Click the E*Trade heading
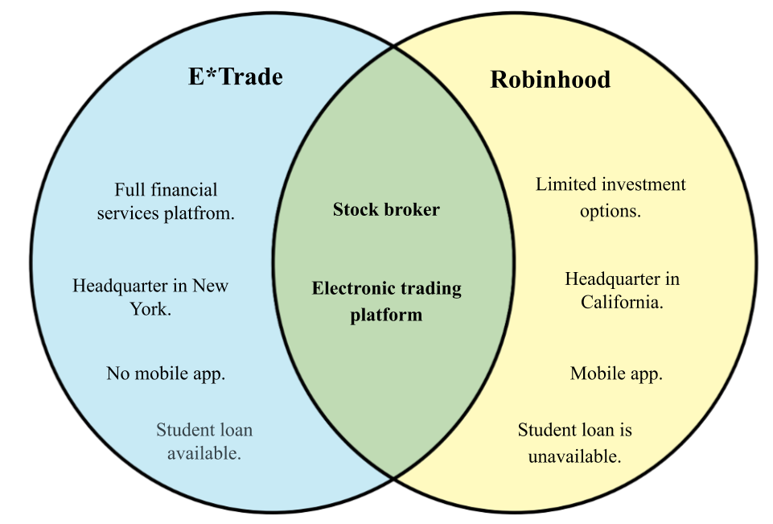(236, 77)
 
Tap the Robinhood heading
(550, 80)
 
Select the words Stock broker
(386, 210)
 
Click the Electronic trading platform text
(386, 301)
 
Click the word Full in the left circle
(129, 191)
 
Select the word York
(150, 308)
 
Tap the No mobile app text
(166, 373)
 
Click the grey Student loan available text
(204, 441)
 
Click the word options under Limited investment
(611, 212)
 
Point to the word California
(622, 303)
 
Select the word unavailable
(574, 456)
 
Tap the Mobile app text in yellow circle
(616, 373)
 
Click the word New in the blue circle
(211, 286)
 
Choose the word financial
(183, 191)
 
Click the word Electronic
(353, 288)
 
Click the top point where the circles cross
(394, 47)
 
